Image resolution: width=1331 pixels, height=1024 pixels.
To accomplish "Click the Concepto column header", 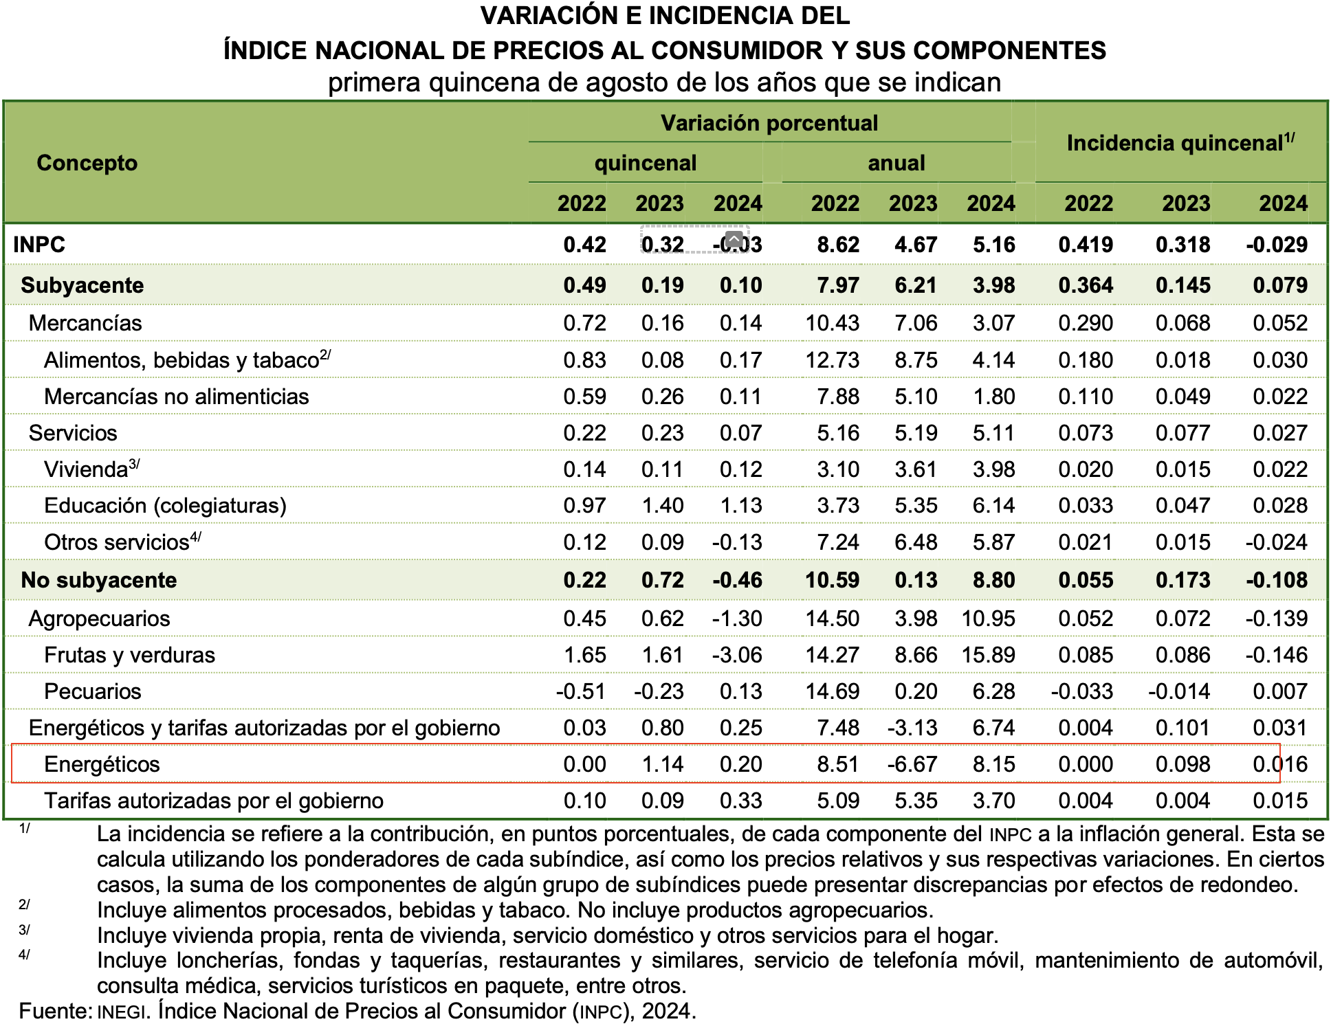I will point(87,163).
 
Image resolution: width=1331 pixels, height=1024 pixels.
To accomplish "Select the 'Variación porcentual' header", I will point(769,123).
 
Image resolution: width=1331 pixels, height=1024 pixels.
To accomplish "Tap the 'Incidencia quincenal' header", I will point(1180,142).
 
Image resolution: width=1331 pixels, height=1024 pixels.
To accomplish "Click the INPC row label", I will point(39,245).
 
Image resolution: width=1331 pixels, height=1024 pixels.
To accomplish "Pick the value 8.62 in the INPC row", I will point(837,245).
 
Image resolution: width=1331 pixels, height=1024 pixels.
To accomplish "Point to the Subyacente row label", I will point(82,285).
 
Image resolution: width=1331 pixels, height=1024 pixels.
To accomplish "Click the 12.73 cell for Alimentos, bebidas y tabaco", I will point(832,360).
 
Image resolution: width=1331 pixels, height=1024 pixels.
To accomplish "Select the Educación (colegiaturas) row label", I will point(165,506).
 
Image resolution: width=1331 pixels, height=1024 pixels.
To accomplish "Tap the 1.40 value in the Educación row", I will point(662,506).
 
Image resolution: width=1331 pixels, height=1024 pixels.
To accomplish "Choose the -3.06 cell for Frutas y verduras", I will point(737,655).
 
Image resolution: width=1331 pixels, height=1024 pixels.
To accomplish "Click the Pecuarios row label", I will point(92,691).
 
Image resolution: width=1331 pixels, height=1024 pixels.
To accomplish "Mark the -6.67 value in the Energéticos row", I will point(912,764).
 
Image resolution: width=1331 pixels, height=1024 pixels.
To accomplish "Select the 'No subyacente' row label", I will point(98,580).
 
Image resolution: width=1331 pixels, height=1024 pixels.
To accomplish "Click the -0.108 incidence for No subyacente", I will point(1277,580).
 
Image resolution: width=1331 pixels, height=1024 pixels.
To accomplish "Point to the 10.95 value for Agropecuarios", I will point(988,619).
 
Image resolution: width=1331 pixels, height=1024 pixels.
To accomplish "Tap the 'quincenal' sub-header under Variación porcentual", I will point(645,163).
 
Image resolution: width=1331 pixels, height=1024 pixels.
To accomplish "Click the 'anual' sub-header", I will point(896,163).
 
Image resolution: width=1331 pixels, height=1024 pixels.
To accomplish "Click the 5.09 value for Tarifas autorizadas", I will point(837,801).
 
